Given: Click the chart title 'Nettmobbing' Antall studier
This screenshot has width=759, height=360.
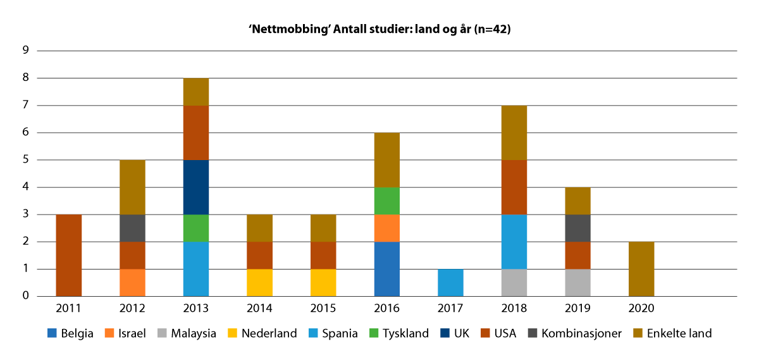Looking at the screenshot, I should [x=379, y=29].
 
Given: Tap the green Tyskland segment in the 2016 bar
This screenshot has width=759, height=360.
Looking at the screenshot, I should [x=387, y=201].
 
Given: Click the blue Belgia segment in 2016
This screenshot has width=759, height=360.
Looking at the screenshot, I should [x=387, y=269].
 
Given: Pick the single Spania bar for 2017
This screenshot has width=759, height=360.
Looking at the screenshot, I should [x=450, y=282].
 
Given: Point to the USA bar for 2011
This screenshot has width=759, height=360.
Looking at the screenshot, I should [x=69, y=255].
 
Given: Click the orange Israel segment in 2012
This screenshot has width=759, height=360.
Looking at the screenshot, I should [x=132, y=282].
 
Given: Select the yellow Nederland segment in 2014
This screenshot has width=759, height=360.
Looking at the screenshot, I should [x=260, y=282].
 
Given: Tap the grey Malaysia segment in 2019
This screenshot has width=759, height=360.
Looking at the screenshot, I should [x=577, y=282].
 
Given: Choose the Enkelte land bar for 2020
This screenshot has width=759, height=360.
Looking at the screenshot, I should [x=641, y=269].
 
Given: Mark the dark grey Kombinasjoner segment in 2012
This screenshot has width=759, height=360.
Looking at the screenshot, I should [x=132, y=228].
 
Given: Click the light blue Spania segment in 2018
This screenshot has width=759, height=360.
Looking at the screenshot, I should [x=514, y=242].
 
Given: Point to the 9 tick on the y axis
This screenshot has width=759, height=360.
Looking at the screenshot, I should [x=26, y=51].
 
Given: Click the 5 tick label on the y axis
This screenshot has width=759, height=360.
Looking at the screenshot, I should [x=26, y=160].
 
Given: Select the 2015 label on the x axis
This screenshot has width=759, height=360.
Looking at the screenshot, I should [x=323, y=308].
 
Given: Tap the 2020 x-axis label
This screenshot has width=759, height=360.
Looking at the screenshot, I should [x=641, y=308].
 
